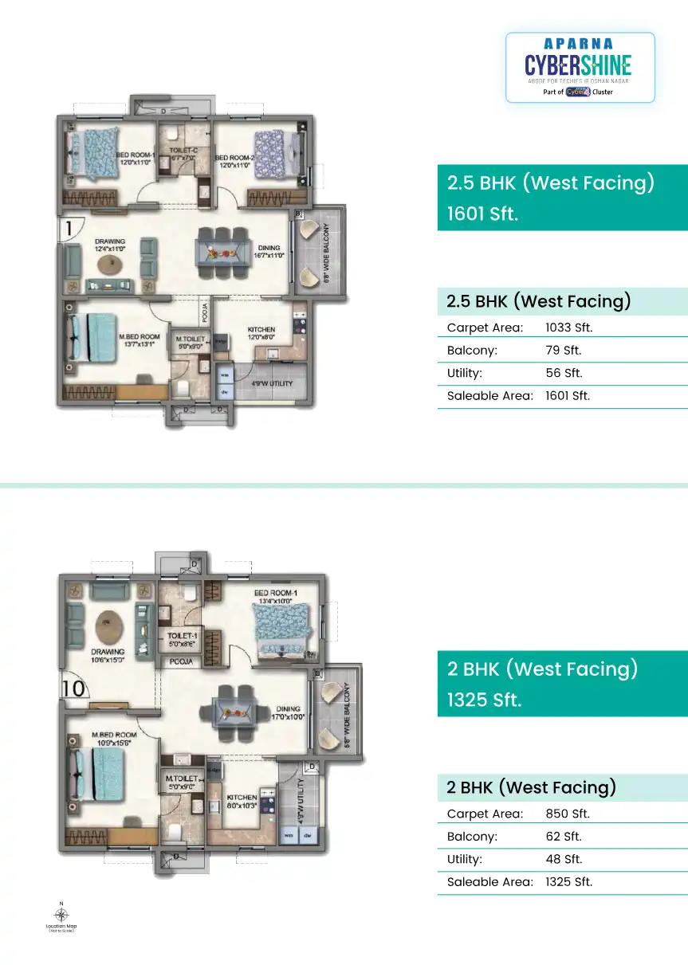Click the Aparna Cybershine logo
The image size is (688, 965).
pos(580,68)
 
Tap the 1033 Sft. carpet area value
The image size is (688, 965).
pos(568,328)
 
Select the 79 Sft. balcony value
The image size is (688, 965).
pos(563,350)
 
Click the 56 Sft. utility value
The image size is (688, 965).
pos(563,373)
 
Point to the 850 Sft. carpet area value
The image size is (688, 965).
pos(567,814)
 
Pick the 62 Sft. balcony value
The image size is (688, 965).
pos(563,837)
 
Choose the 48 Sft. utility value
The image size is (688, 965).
pos(563,859)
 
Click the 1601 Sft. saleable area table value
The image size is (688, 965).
pos(568,395)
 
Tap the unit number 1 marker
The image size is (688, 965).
pos(69,229)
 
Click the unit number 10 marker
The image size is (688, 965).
pos(73,688)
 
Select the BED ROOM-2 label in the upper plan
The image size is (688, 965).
pos(234,160)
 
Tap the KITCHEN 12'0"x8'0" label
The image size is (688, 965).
pos(261,333)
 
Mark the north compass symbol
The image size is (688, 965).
pos(61,914)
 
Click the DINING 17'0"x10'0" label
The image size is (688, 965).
pos(289,712)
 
